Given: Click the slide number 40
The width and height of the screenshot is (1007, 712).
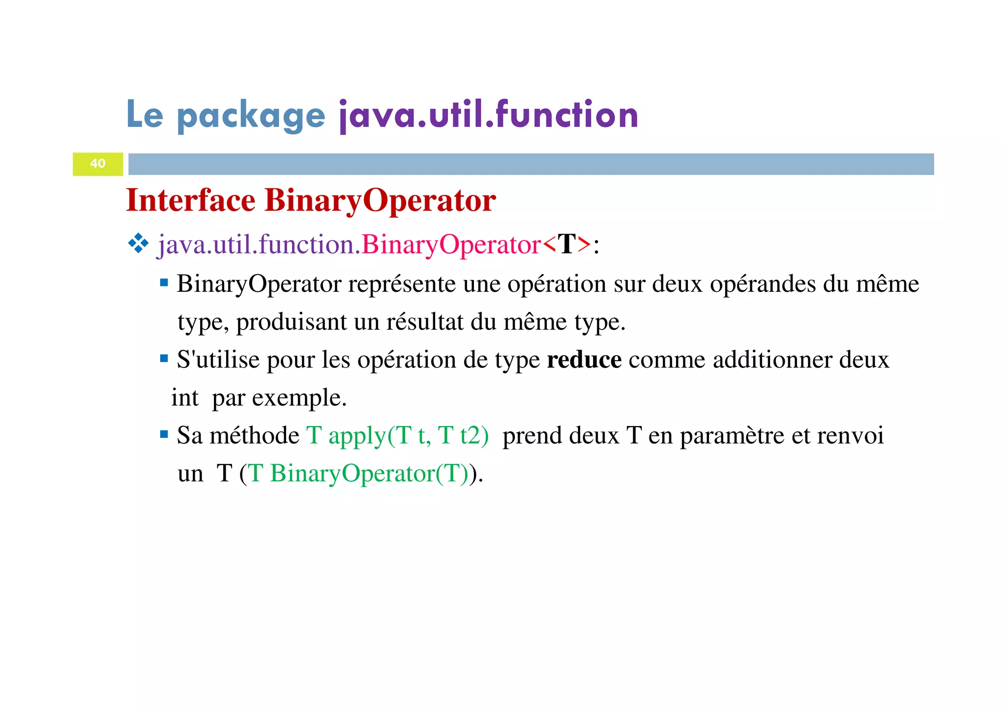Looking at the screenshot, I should point(98,163).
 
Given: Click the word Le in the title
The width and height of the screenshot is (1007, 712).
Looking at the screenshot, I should point(145,114).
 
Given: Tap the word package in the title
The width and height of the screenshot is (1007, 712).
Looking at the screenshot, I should point(251,116).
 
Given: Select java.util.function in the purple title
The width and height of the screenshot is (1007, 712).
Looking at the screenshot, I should point(489,115).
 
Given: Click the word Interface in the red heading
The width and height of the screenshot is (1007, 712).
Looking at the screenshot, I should point(191,200).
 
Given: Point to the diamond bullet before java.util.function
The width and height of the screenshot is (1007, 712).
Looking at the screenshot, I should point(138,244).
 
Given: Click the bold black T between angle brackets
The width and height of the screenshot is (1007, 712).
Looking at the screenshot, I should point(566,244).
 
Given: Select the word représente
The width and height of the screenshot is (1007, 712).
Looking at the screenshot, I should point(402,284).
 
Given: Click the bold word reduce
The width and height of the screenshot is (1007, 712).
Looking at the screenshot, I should point(584,360).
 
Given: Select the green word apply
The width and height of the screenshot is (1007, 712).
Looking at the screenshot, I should point(356,436).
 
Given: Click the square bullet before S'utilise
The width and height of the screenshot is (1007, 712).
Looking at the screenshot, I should point(164,359).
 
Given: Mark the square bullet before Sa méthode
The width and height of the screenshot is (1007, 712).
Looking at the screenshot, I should point(164,434).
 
